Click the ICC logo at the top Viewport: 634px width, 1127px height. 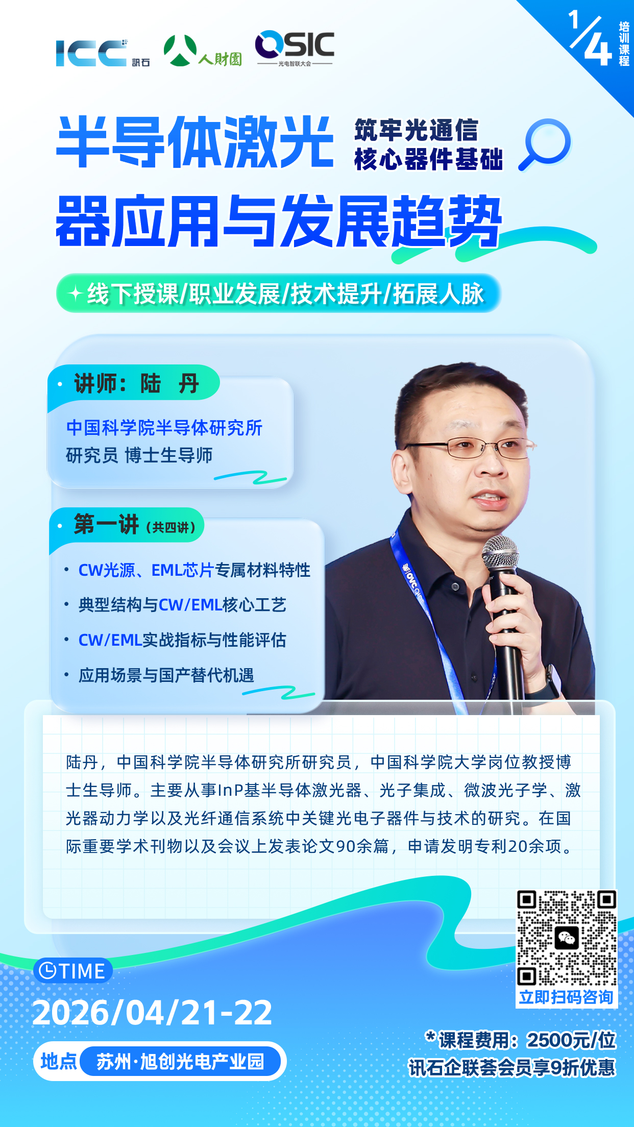click(x=102, y=53)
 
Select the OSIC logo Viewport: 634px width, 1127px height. click(x=295, y=48)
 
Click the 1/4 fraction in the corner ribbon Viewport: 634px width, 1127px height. click(x=590, y=39)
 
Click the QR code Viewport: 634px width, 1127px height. click(x=567, y=938)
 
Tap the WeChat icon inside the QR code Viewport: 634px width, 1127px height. click(x=567, y=938)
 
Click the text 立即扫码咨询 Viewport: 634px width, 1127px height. click(x=566, y=997)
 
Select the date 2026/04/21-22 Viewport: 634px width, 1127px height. click(x=152, y=1013)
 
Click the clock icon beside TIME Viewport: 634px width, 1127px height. click(x=47, y=970)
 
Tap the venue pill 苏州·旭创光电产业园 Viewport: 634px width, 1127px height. click(x=180, y=1062)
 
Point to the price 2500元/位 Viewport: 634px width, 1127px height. click(x=571, y=1040)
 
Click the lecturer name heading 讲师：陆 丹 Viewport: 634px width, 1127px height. click(x=137, y=383)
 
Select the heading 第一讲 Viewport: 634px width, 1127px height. click(x=106, y=524)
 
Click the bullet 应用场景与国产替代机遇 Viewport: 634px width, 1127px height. click(x=166, y=675)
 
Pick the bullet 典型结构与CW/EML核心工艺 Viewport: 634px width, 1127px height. click(x=182, y=605)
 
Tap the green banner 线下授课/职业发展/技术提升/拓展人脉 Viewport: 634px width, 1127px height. click(x=279, y=293)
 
